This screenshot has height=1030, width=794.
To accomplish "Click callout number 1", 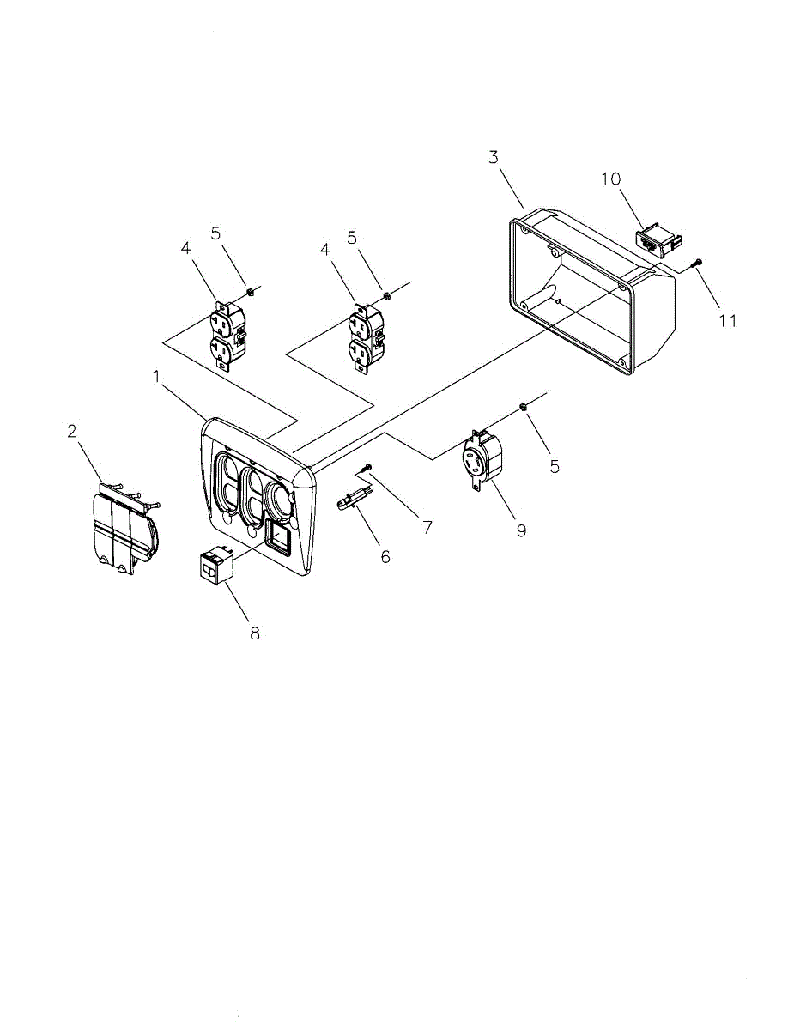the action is (x=156, y=377).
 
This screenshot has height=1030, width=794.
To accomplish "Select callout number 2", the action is (x=72, y=431).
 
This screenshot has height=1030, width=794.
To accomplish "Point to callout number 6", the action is (x=385, y=557).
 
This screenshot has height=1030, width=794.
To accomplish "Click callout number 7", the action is (x=427, y=526).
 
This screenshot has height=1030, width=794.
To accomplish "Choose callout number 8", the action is (x=254, y=633).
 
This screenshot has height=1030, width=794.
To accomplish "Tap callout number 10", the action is (x=609, y=179).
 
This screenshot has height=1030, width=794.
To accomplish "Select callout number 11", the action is (x=728, y=321).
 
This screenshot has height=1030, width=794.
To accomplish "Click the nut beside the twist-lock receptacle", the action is (x=523, y=405).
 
